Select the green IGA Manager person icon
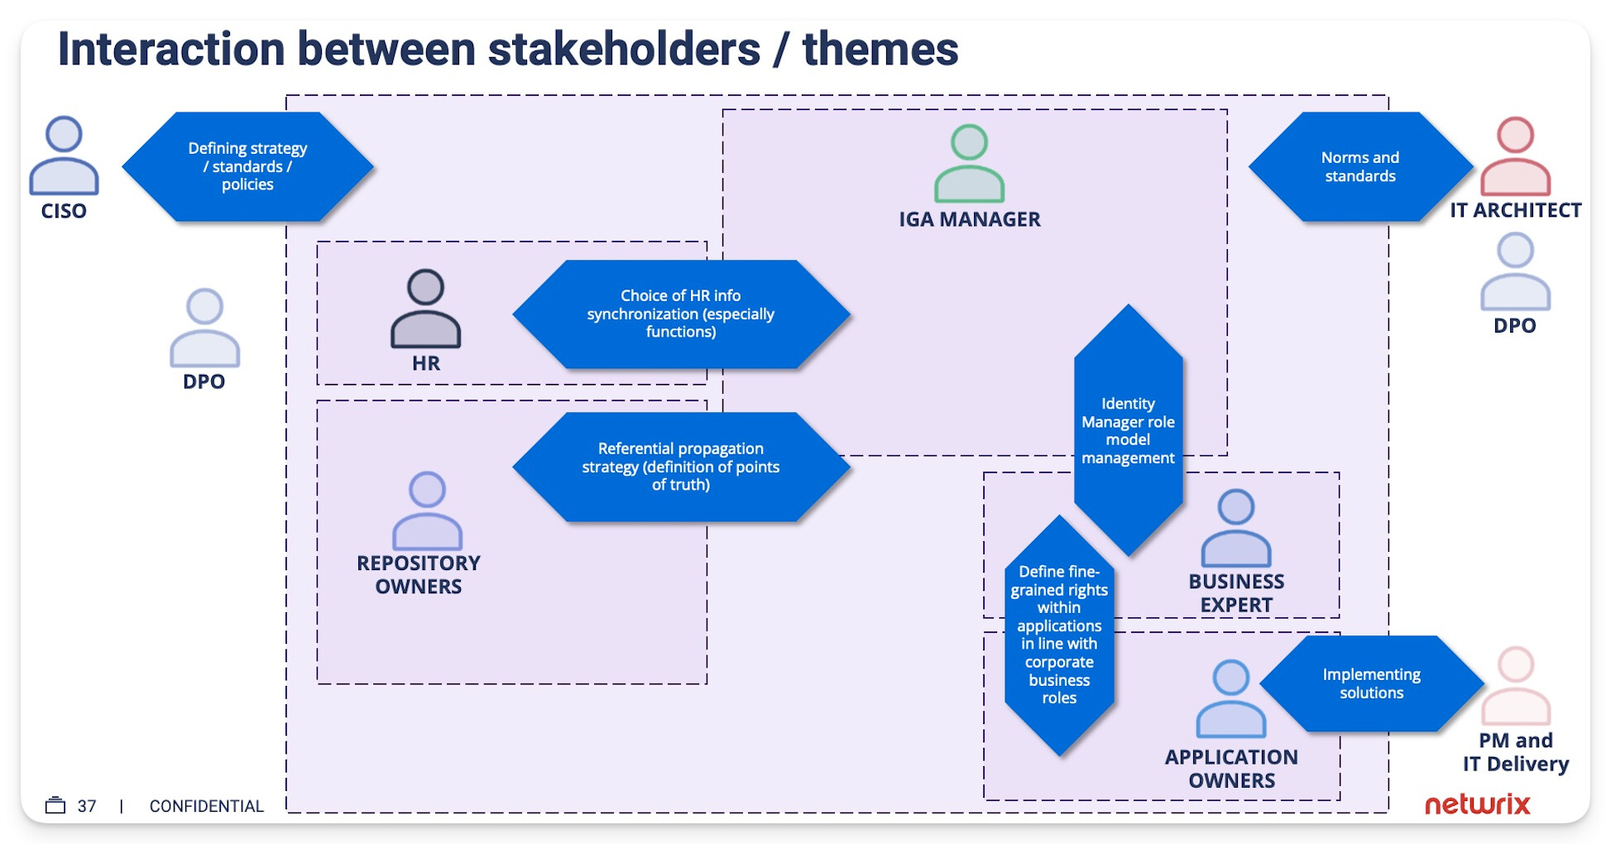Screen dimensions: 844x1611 (969, 164)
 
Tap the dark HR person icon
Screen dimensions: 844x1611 (425, 309)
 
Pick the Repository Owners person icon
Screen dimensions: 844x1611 (427, 511)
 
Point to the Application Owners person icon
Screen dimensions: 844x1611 (1230, 699)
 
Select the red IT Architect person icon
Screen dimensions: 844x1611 (1514, 156)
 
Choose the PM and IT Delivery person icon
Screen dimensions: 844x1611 (1515, 687)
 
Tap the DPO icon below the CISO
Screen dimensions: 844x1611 (204, 328)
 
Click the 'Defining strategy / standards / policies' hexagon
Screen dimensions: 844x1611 (247, 166)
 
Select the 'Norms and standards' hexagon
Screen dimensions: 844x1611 (1359, 166)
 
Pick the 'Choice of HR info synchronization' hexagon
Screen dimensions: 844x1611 (680, 314)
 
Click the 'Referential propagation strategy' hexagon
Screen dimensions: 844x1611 (680, 467)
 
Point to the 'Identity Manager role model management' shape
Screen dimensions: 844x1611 (1128, 430)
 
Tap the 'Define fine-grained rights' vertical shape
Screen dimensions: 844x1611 (1059, 635)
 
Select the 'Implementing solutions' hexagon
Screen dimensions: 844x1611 (1371, 683)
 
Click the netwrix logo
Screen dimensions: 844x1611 (1477, 804)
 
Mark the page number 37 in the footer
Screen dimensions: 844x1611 (87, 806)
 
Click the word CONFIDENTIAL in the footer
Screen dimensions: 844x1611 (206, 806)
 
